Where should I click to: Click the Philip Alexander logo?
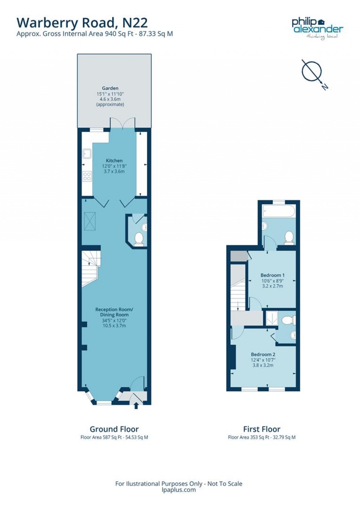point(317,28)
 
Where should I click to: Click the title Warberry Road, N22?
point(82,23)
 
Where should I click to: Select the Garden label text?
point(110,88)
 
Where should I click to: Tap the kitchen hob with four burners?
point(87,176)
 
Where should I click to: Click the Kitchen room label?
point(114,161)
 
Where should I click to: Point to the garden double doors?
point(122,123)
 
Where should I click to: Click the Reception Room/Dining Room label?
point(114,312)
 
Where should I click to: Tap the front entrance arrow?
point(136,406)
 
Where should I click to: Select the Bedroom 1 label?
point(272,275)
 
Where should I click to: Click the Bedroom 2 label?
point(263,354)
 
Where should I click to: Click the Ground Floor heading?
point(114,429)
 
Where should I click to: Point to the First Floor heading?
point(262,429)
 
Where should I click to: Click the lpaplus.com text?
point(179,490)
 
